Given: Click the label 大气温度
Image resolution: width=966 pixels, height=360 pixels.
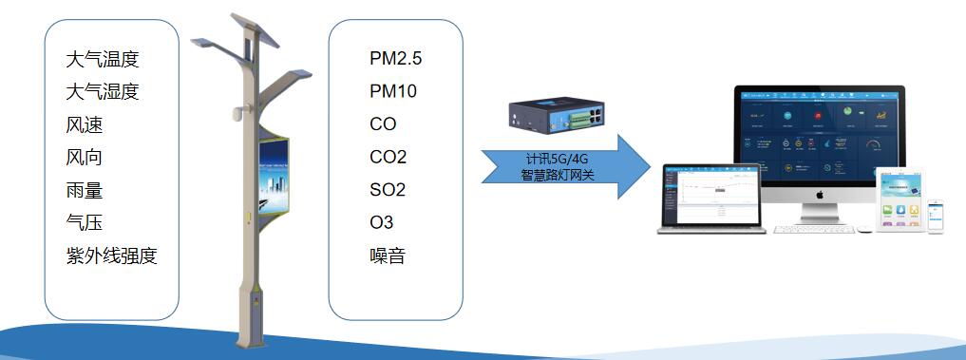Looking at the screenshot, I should pyautogui.click(x=103, y=60).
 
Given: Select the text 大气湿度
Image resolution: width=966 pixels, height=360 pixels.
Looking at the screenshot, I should pyautogui.click(x=103, y=92).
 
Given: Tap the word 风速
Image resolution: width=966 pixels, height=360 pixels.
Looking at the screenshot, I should pyautogui.click(x=85, y=124).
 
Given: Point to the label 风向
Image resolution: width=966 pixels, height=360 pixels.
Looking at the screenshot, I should pyautogui.click(x=85, y=158).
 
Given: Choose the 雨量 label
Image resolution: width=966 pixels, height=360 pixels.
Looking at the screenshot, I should pyautogui.click(x=85, y=190).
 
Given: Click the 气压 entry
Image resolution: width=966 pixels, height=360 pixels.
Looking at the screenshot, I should pyautogui.click(x=85, y=223).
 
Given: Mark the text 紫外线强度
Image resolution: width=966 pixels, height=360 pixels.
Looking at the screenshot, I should pyautogui.click(x=111, y=256).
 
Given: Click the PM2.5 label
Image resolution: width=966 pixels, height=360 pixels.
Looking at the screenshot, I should pyautogui.click(x=395, y=59).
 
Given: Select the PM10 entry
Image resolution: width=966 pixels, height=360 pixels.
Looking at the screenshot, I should pyautogui.click(x=392, y=92).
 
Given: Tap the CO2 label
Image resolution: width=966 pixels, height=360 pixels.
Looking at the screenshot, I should pyautogui.click(x=388, y=157).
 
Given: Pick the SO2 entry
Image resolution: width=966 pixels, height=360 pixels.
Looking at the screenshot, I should pyautogui.click(x=388, y=190).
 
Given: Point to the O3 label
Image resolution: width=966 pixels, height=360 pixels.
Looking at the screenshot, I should pyautogui.click(x=381, y=223).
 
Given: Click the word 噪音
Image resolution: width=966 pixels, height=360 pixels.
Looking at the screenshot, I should pyautogui.click(x=387, y=256).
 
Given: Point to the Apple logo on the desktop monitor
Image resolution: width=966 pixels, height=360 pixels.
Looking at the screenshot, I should pyautogui.click(x=818, y=194).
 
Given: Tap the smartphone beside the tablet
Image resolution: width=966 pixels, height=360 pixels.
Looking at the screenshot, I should pyautogui.click(x=937, y=218).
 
